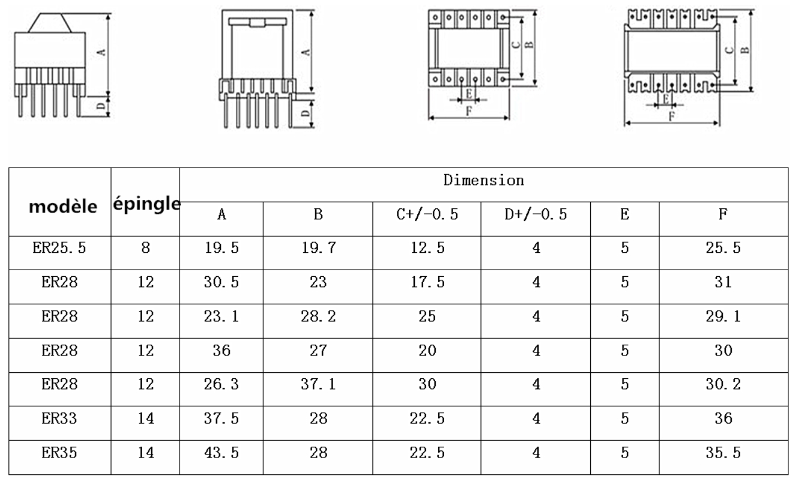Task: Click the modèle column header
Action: click(x=63, y=206)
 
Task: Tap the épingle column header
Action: click(x=146, y=203)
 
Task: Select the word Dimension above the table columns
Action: click(x=483, y=180)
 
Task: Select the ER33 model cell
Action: click(x=59, y=419)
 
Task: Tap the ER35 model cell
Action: click(x=59, y=453)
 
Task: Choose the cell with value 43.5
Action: click(x=221, y=453)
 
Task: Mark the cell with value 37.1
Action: click(x=318, y=385)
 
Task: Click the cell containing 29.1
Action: click(x=723, y=317)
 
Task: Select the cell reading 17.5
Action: click(x=427, y=283)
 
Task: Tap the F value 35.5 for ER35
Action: click(x=723, y=453)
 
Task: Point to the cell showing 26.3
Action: click(x=221, y=385)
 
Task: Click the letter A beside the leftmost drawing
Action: click(x=103, y=53)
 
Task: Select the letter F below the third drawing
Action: click(x=469, y=111)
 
